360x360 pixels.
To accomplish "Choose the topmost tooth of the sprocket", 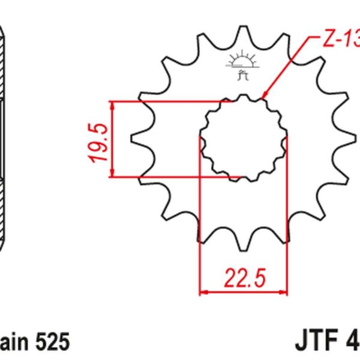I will [243, 30].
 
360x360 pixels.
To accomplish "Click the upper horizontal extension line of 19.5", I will [174, 101].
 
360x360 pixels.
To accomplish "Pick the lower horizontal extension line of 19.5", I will [174, 178].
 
